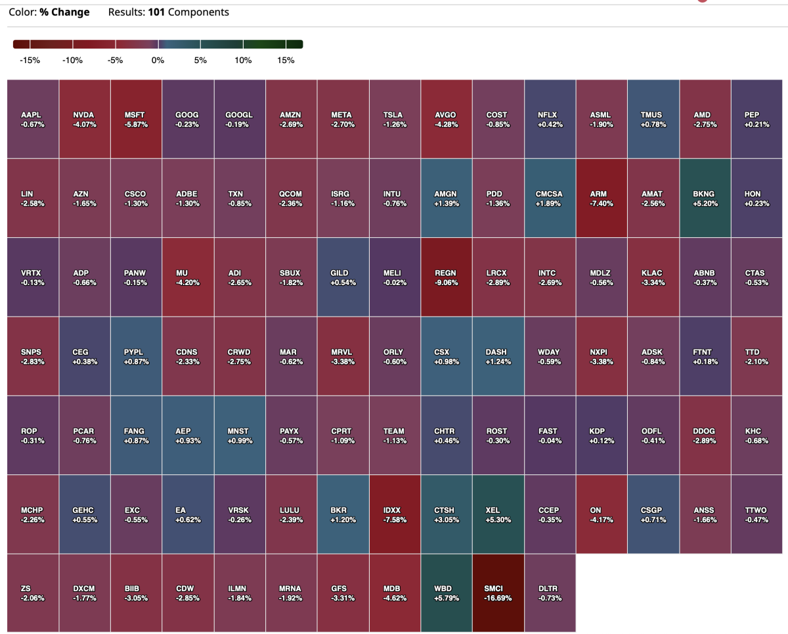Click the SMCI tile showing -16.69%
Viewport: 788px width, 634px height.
coord(498,593)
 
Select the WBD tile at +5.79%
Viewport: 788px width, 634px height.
coord(447,593)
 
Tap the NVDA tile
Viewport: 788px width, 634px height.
coord(85,119)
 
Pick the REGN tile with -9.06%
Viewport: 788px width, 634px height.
coord(447,277)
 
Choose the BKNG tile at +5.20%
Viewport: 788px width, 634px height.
coord(705,198)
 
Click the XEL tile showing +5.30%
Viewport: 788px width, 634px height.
coord(498,514)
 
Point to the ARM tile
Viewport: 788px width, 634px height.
coord(602,198)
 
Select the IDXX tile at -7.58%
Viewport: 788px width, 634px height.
coord(395,514)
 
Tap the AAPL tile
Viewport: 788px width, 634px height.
coord(33,119)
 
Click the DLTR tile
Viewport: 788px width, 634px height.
coord(550,593)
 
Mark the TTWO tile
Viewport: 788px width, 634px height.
coord(756,514)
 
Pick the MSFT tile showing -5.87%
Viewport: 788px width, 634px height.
coord(136,119)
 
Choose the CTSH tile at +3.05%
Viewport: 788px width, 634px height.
coord(447,514)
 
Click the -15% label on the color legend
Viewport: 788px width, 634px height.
coord(30,60)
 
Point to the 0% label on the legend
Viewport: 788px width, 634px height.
coord(158,60)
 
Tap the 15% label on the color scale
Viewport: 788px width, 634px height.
coord(286,60)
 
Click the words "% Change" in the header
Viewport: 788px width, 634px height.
coord(64,12)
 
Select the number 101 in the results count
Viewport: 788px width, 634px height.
coord(156,12)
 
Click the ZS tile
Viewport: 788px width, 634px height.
coord(33,593)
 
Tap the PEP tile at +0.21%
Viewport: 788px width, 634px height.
coord(756,119)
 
